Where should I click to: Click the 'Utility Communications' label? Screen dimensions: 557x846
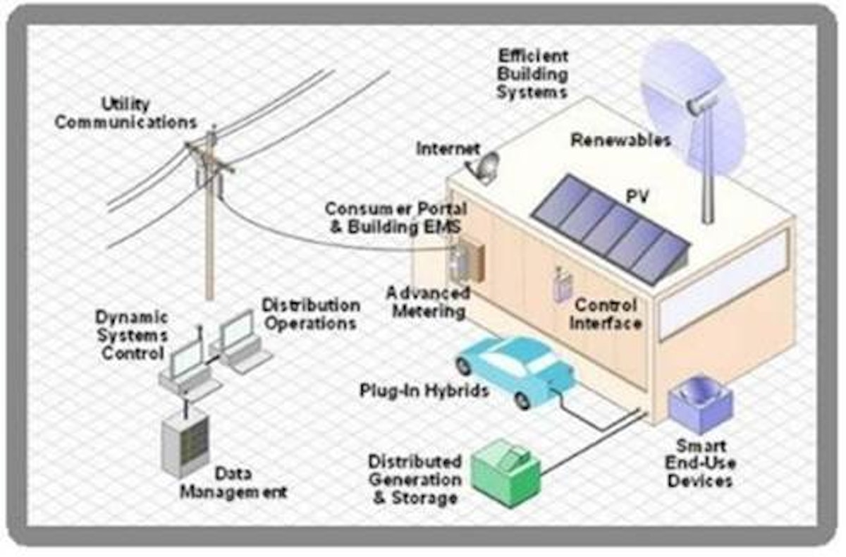(x=126, y=114)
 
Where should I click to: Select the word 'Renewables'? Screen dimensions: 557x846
(x=620, y=140)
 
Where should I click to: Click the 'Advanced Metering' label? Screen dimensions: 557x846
(x=428, y=302)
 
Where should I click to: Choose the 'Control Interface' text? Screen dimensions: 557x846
(x=606, y=314)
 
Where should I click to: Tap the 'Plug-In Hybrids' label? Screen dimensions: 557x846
(x=424, y=391)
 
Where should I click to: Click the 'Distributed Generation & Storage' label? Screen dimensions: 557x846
(x=415, y=479)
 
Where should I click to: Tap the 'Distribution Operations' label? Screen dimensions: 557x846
(x=311, y=314)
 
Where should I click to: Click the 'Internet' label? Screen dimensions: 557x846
(x=448, y=149)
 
